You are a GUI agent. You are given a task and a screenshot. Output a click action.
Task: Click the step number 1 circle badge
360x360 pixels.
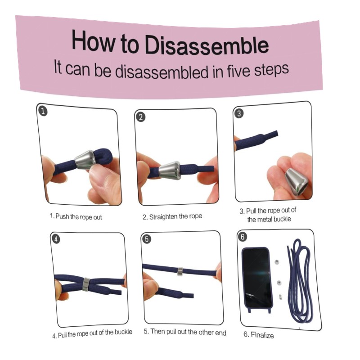tap(43, 112)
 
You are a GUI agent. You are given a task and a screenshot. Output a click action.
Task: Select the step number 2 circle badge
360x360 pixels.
tap(141, 117)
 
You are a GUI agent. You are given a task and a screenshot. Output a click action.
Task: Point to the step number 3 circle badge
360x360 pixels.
tap(239, 113)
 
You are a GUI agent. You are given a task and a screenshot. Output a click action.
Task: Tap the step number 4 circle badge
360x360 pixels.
tap(56, 239)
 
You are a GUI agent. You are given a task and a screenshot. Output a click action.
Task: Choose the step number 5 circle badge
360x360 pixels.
tap(147, 239)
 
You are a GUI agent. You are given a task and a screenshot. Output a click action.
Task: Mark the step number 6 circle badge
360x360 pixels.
tap(243, 237)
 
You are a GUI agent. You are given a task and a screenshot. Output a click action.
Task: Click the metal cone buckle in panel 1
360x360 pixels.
tap(85, 160)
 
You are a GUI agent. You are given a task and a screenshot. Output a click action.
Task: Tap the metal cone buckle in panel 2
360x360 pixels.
tap(170, 171)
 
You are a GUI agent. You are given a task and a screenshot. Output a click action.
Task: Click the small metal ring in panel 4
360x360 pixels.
tap(86, 284)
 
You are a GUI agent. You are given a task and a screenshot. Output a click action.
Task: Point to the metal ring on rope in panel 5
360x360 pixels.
tap(180, 272)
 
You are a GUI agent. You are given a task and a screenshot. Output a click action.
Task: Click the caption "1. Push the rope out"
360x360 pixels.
tap(76, 216)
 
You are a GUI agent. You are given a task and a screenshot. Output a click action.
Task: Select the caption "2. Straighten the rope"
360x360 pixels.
tap(172, 216)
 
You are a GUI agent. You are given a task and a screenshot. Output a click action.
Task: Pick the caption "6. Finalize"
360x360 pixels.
tap(258, 335)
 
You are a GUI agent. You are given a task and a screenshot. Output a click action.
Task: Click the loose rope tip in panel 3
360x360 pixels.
tap(277, 133)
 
